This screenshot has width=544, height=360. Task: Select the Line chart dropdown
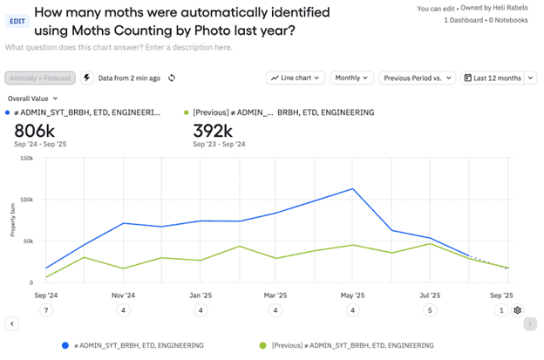[x=296, y=78]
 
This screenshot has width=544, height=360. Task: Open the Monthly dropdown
[x=352, y=78]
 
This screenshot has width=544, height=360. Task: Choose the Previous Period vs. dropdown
[x=418, y=78]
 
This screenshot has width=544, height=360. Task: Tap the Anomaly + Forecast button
[x=39, y=78]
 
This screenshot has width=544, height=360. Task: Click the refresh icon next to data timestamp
[x=172, y=78]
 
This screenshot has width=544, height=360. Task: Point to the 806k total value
[x=35, y=131]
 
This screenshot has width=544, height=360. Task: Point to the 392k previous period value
[x=213, y=131]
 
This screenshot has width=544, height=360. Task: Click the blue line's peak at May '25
[x=353, y=188]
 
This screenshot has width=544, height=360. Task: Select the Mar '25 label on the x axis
[x=275, y=295]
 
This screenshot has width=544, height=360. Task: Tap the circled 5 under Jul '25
[x=428, y=310]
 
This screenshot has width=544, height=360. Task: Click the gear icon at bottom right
[x=518, y=310]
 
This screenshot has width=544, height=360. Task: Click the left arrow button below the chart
[x=12, y=324]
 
